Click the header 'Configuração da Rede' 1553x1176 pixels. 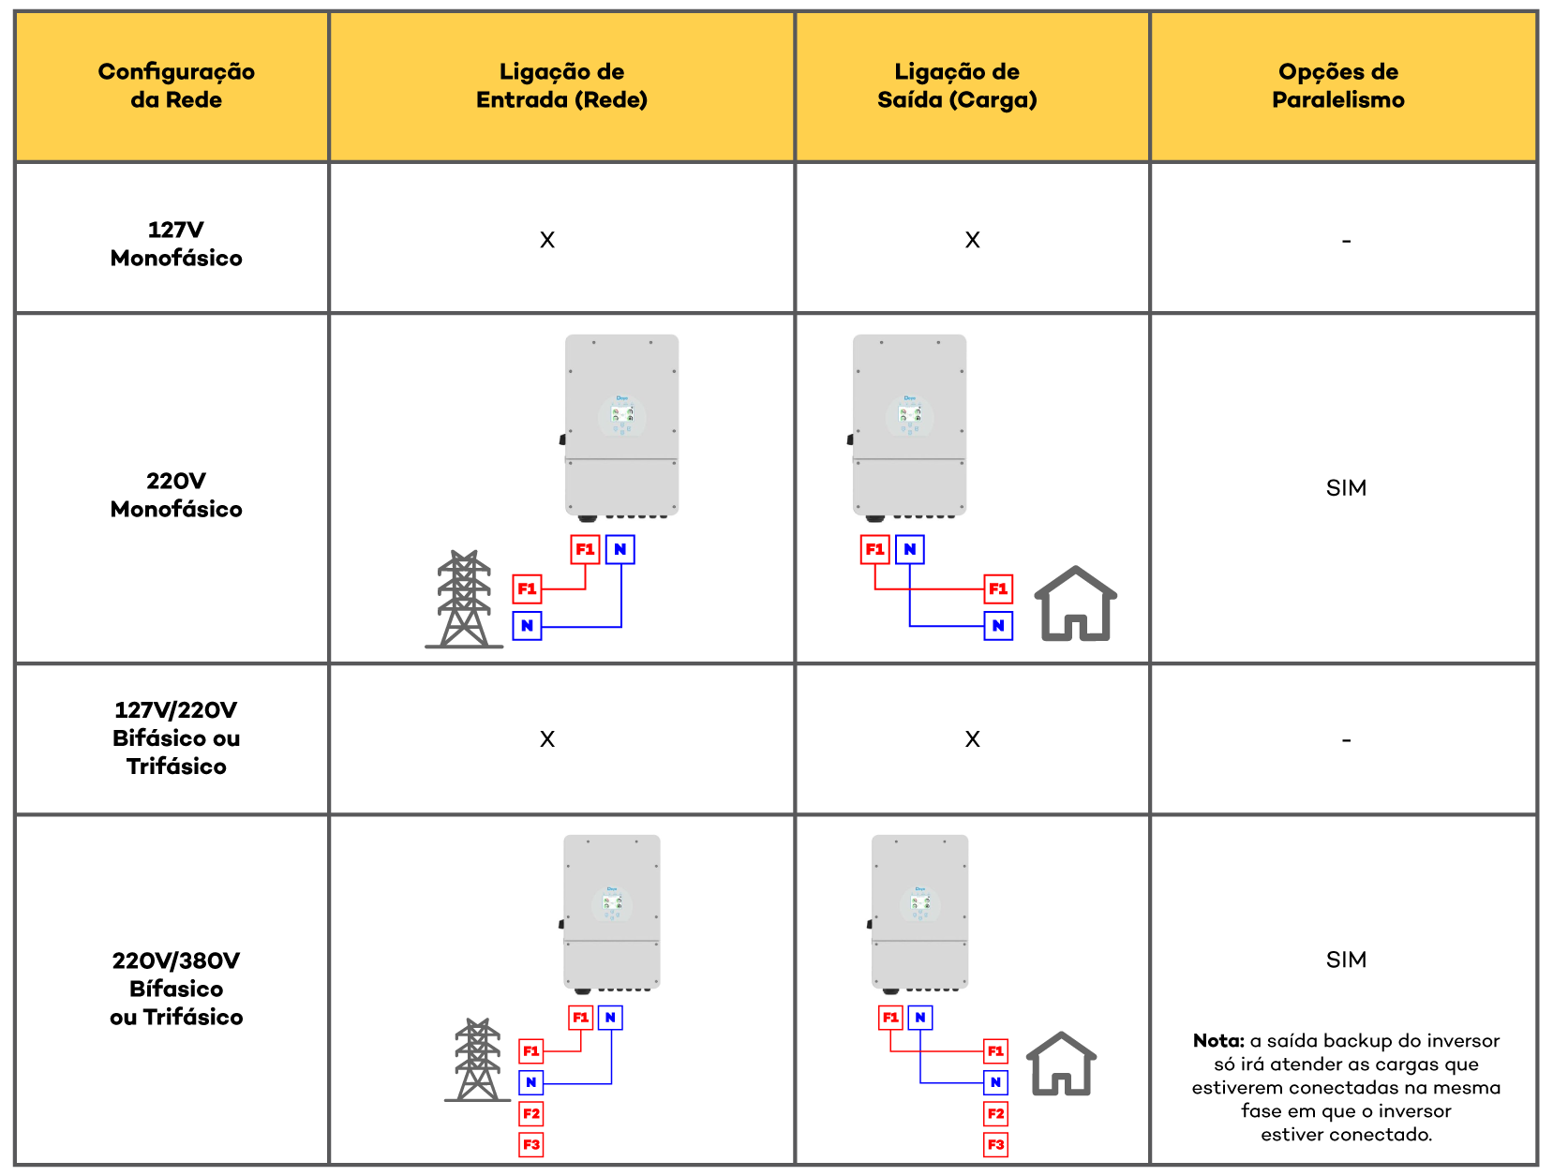pyautogui.click(x=176, y=85)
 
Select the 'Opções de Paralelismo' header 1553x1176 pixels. pyautogui.click(x=1338, y=85)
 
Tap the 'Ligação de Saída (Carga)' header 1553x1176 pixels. pyautogui.click(x=957, y=85)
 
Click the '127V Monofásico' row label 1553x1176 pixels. pyautogui.click(x=176, y=244)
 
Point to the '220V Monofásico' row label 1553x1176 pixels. pyautogui.click(x=176, y=495)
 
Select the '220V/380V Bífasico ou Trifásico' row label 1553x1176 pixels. pyautogui.click(x=176, y=988)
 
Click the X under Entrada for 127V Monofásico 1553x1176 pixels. pyautogui.click(x=547, y=240)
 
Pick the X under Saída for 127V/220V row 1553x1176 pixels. pyautogui.click(x=972, y=739)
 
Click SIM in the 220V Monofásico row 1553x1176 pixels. pyautogui.click(x=1346, y=488)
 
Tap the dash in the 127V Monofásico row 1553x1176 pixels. pyautogui.click(x=1346, y=241)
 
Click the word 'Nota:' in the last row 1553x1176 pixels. pyautogui.click(x=1217, y=1041)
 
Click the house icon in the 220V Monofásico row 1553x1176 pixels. pyautogui.click(x=1075, y=603)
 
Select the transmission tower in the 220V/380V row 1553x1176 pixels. pyautogui.click(x=478, y=1059)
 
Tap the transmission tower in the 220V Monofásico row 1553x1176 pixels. pyautogui.click(x=464, y=599)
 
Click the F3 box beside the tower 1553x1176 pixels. pyautogui.click(x=530, y=1144)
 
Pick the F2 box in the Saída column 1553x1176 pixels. pyautogui.click(x=995, y=1114)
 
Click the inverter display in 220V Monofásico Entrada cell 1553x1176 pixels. pyautogui.click(x=622, y=414)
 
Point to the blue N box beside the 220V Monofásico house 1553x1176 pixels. pyautogui.click(x=997, y=626)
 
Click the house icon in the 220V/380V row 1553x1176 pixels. pyautogui.click(x=1061, y=1064)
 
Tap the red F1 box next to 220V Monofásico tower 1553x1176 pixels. pyautogui.click(x=527, y=589)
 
